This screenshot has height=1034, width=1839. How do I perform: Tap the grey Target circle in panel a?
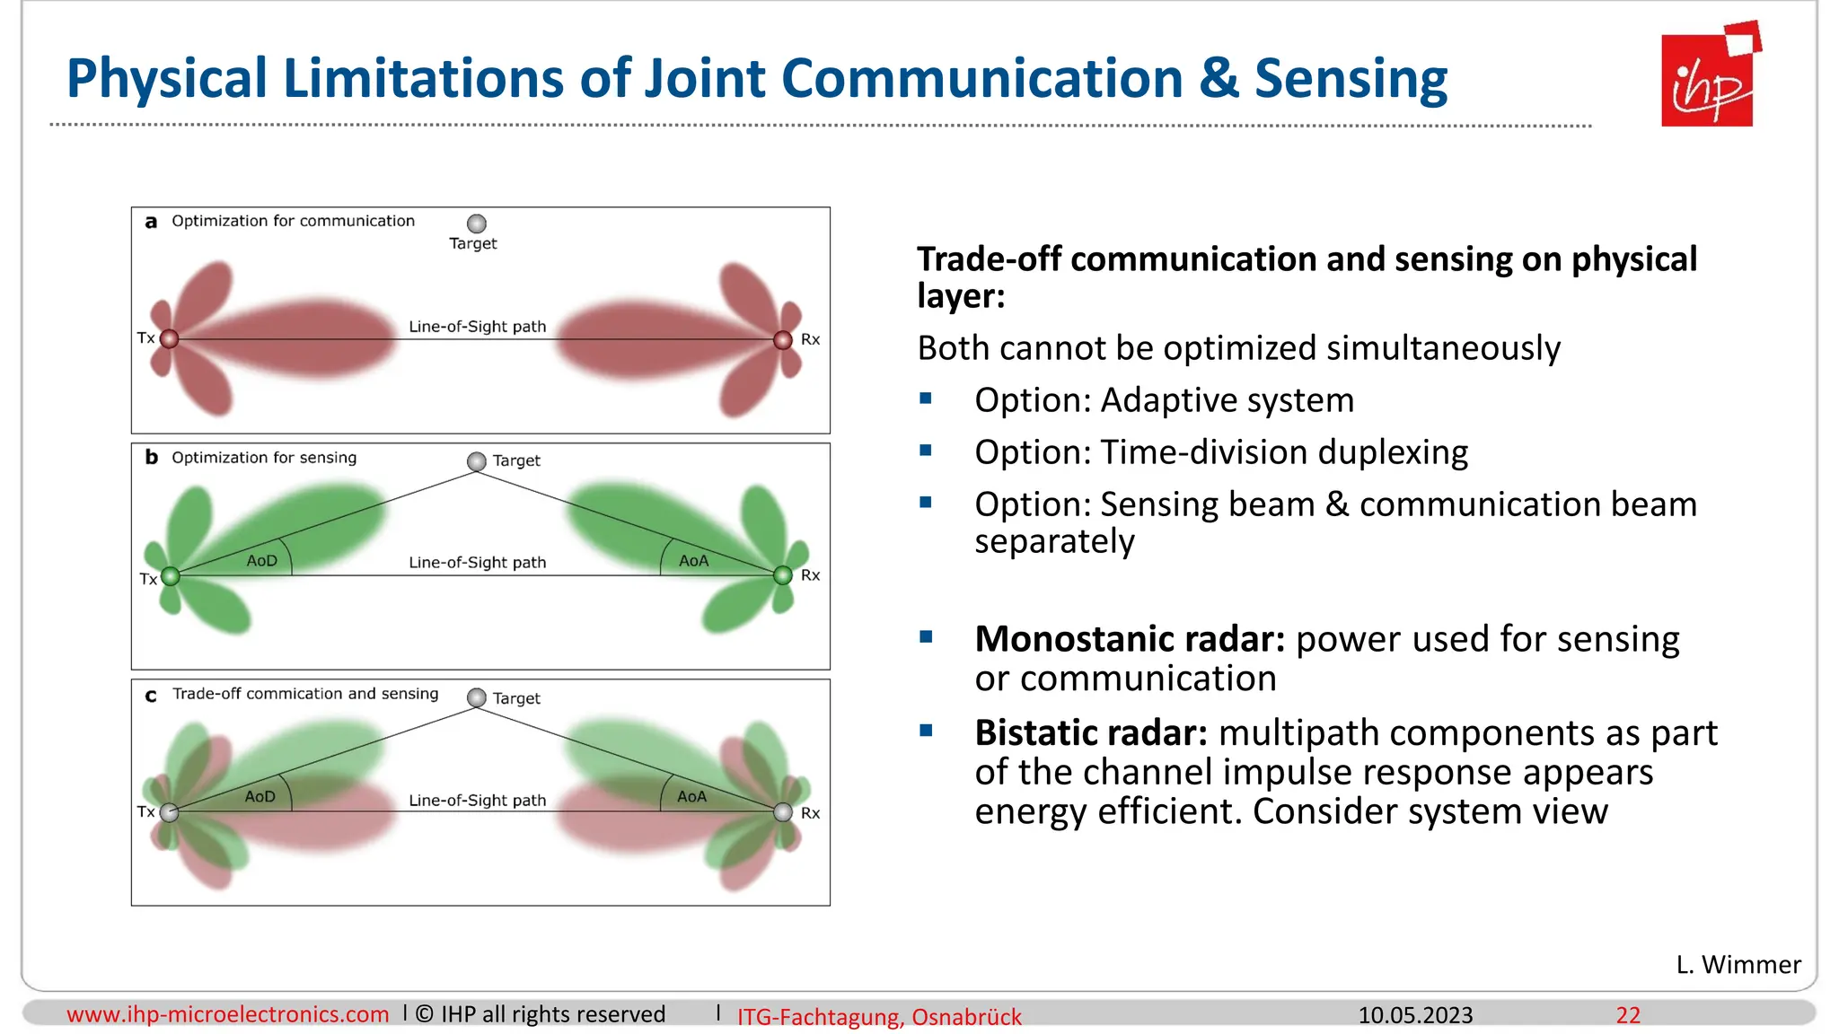(477, 223)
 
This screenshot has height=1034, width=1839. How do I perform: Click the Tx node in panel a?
(169, 338)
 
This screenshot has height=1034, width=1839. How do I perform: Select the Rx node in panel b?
(783, 575)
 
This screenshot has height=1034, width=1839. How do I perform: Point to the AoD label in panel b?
(261, 561)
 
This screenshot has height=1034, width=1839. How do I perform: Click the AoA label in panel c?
(691, 796)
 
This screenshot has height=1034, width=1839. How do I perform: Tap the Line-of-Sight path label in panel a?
(477, 327)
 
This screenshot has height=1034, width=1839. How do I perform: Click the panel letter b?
(151, 458)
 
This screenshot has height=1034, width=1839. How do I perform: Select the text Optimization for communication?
(293, 221)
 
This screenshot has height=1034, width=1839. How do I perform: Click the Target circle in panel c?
(477, 697)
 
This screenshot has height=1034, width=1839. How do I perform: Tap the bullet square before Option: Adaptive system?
(926, 399)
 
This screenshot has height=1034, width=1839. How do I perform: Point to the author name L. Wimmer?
(1738, 964)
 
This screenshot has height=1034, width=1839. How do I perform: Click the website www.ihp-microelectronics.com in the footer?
(227, 1014)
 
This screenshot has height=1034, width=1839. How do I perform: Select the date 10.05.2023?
(1415, 1015)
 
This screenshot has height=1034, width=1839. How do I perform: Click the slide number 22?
(1628, 1015)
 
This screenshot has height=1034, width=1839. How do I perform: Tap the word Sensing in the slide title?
(1351, 78)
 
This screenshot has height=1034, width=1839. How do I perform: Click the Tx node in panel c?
(169, 812)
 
